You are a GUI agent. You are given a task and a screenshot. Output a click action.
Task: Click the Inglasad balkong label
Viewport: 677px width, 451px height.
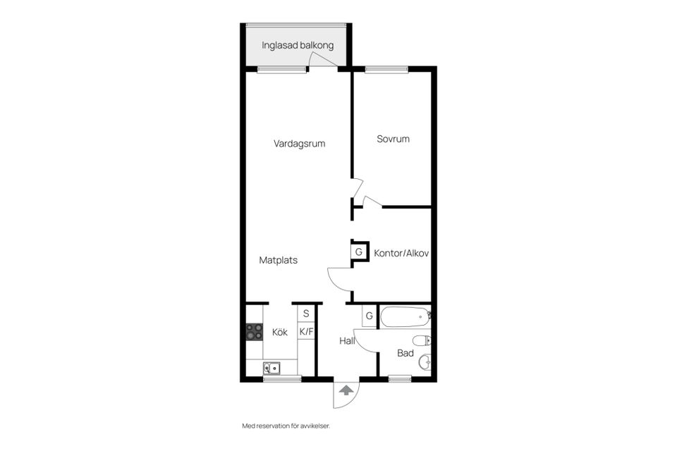click(x=297, y=46)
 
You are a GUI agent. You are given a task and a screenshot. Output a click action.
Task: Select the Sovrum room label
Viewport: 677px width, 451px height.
click(x=393, y=140)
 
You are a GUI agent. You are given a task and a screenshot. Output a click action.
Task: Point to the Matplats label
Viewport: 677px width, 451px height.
click(x=278, y=260)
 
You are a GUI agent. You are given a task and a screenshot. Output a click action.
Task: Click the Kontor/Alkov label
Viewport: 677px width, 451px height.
click(x=401, y=252)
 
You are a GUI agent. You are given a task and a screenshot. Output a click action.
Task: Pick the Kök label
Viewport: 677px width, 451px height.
click(x=279, y=332)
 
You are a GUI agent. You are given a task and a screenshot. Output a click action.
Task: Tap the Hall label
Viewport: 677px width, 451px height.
click(x=346, y=340)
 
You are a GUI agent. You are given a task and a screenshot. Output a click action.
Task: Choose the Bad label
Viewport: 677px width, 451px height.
click(x=405, y=353)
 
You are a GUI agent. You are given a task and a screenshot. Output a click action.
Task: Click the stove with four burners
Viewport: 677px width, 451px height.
click(x=254, y=331)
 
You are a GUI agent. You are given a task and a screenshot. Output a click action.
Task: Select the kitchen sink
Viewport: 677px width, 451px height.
click(x=272, y=367)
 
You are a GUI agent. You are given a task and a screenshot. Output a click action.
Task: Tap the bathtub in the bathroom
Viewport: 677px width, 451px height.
click(x=405, y=317)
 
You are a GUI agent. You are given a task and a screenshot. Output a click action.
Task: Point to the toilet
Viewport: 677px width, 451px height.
click(x=422, y=342)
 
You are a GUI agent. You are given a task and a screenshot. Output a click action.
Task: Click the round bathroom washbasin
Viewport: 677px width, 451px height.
click(x=425, y=363)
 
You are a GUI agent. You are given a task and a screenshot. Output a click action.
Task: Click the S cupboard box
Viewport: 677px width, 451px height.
click(x=306, y=314)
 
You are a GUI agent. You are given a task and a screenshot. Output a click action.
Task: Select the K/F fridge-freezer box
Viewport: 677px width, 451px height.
click(x=306, y=331)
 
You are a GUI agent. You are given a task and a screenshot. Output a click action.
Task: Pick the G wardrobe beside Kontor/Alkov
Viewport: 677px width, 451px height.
click(x=359, y=252)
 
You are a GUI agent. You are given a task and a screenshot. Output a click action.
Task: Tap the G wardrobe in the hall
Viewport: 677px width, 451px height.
click(x=369, y=316)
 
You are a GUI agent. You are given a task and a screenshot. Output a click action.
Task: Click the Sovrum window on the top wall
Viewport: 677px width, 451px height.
click(x=386, y=69)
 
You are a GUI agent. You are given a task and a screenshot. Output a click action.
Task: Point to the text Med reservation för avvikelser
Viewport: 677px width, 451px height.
click(x=286, y=426)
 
